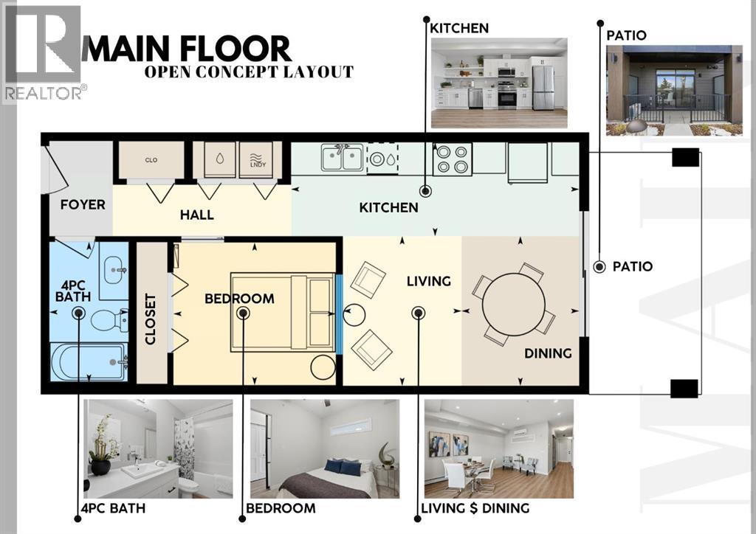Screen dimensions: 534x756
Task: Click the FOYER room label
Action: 83,204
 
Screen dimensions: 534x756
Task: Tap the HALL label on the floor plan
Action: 197,215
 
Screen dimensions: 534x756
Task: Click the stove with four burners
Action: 452,159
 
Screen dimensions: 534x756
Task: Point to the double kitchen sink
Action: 342,157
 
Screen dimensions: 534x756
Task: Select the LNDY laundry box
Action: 256,159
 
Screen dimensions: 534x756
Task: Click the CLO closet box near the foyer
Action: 151,160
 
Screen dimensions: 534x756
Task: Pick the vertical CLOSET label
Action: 151,319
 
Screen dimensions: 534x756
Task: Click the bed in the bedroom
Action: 283,312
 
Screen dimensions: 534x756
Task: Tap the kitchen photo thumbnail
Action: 499,83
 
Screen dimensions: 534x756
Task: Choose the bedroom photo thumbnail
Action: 324,448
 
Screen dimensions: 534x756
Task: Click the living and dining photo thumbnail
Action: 499,448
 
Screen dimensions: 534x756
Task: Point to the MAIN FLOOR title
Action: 188,49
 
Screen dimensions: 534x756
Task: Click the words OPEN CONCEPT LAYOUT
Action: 249,72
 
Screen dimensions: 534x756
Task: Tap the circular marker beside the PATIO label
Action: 599,266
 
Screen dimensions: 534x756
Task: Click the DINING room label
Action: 548,353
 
